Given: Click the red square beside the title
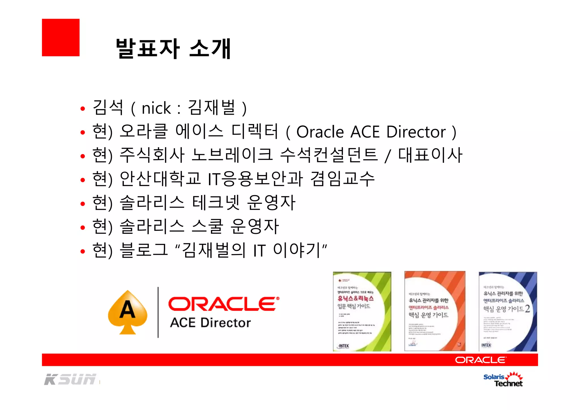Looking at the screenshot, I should [x=61, y=37].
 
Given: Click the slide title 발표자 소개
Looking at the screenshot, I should [x=173, y=49].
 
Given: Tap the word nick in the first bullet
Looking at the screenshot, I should [x=156, y=108].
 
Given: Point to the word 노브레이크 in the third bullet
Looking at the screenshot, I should [x=232, y=155].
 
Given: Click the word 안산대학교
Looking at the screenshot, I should [x=160, y=179].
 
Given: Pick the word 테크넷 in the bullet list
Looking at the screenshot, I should [x=216, y=203].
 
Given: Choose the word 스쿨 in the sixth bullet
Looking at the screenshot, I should [x=207, y=227].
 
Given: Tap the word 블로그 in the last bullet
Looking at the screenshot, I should [x=144, y=250].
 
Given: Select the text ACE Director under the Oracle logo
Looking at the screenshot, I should [x=210, y=323].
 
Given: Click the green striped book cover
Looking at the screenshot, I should [x=362, y=311].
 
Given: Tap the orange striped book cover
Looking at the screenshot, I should [x=435, y=311].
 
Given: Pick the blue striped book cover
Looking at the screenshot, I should [x=508, y=311].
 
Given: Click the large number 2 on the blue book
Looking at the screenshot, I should [x=527, y=309].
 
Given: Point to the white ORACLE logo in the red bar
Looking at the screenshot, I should [x=481, y=360].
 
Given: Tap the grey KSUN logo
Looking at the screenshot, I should [x=70, y=379].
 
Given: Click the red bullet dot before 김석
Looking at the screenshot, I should [x=83, y=109].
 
